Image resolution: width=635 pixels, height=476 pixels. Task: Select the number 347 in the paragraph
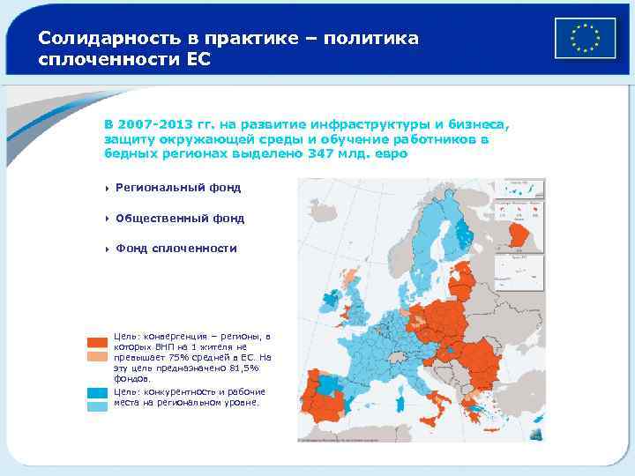(320, 153)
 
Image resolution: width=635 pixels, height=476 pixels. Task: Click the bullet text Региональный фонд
(177, 188)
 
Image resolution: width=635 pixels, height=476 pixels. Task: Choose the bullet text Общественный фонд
(180, 218)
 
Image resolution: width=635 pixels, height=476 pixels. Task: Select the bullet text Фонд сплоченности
(176, 249)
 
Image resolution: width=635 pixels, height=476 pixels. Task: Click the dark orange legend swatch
(97, 343)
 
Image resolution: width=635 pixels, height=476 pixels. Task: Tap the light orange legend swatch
(97, 357)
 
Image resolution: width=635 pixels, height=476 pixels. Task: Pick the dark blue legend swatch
(97, 393)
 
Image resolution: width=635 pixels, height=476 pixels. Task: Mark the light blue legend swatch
(97, 406)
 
